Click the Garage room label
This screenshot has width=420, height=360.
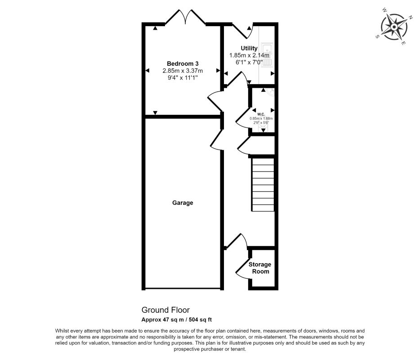tap(183, 203)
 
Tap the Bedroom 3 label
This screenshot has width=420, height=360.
tap(183, 63)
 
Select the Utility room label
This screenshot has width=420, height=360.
tap(249, 48)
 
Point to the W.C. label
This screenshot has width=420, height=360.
tap(261, 113)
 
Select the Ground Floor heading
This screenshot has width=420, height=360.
tap(165, 310)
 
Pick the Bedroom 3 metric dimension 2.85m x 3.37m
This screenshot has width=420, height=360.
tap(183, 71)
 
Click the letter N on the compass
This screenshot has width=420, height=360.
tap(410, 18)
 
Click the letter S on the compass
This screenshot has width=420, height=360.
tap(378, 37)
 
